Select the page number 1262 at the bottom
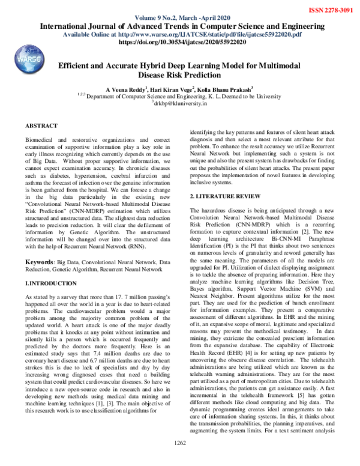pos(180,459)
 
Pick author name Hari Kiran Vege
pos(178,88)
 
